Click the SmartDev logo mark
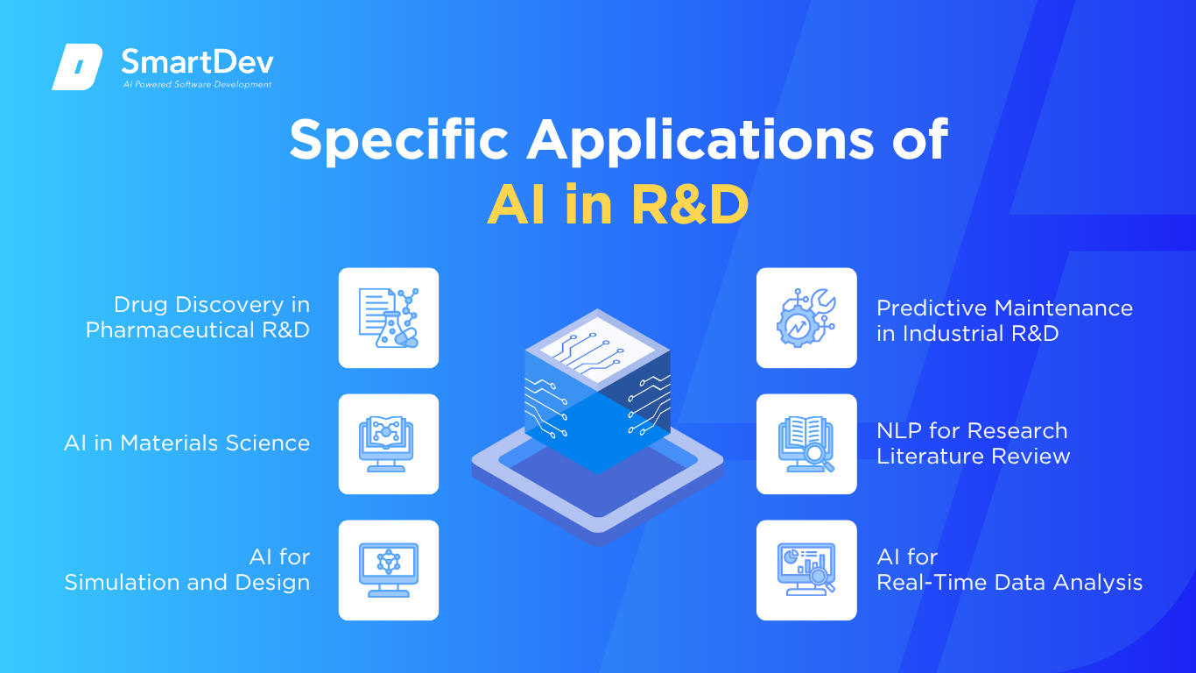point(77,67)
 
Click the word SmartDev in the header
point(198,62)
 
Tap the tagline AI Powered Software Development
point(197,84)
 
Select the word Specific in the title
point(399,140)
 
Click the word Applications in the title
point(700,140)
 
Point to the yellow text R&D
point(691,205)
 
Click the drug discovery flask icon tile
point(389,318)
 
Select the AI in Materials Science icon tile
point(389,444)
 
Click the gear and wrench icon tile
point(806,318)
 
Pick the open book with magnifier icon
point(806,444)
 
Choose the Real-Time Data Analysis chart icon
point(806,570)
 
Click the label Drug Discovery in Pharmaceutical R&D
point(198,317)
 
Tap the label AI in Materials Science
point(186,443)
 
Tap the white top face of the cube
point(597,350)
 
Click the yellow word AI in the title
point(517,205)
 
